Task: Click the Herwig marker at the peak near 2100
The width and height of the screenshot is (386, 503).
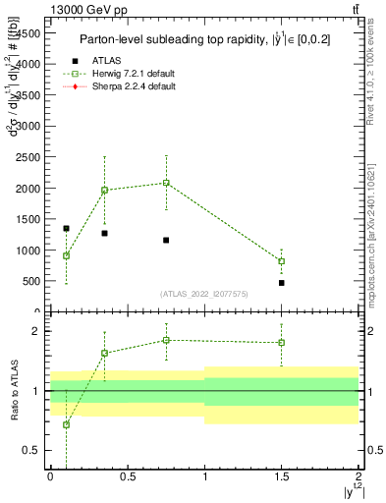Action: pyautogui.click(x=166, y=183)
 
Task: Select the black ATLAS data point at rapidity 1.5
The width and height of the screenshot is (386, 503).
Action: pyautogui.click(x=282, y=283)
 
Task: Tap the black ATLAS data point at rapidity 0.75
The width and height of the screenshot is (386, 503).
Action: pyautogui.click(x=166, y=240)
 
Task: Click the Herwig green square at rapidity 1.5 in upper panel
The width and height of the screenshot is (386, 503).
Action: pyautogui.click(x=282, y=261)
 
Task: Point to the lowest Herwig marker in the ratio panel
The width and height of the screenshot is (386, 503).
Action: pyautogui.click(x=66, y=424)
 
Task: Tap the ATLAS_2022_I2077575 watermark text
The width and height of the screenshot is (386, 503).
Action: pyautogui.click(x=204, y=294)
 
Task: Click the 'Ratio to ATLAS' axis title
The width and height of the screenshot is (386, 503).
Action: pyautogui.click(x=14, y=391)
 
